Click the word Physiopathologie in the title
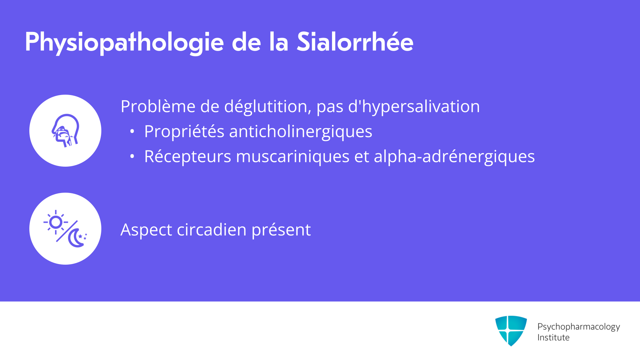[x=124, y=42]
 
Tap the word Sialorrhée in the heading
[x=355, y=42]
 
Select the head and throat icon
[x=65, y=131]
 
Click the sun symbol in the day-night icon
[x=56, y=222]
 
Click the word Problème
[x=158, y=107]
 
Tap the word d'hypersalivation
[x=414, y=107]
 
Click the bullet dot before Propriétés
[x=132, y=132]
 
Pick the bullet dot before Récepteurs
[x=132, y=156]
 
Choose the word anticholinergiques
[x=300, y=132]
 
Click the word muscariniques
[x=293, y=157]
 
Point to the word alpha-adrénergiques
[x=454, y=157]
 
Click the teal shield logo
[x=511, y=331]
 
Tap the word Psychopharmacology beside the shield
[x=579, y=327]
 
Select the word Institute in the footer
[x=553, y=338]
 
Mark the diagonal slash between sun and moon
[x=67, y=231]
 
